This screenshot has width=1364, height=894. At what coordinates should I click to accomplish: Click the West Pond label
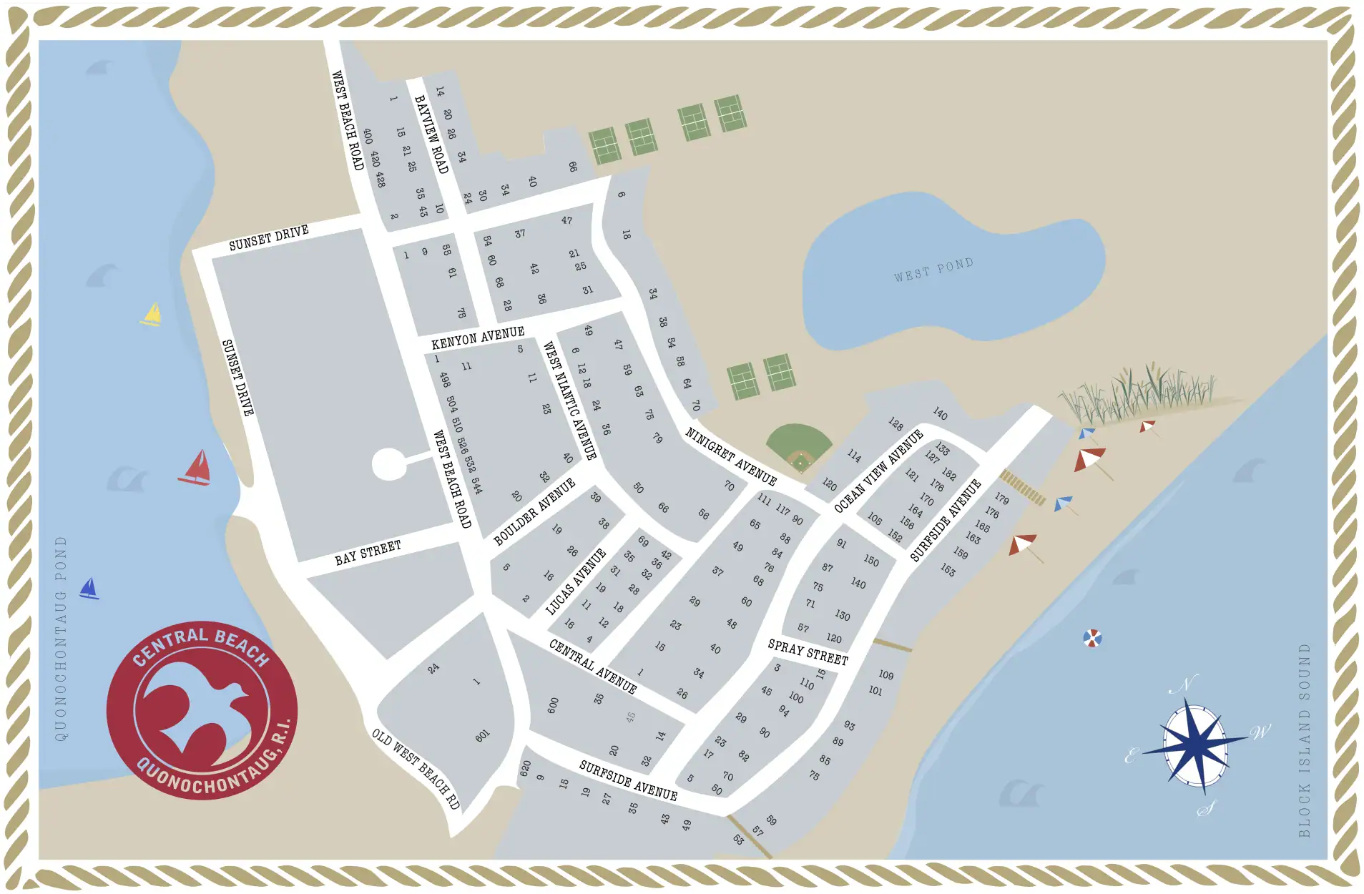[933, 270]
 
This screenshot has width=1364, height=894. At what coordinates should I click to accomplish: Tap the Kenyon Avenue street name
[478, 338]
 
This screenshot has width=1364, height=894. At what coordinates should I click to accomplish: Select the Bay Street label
[368, 553]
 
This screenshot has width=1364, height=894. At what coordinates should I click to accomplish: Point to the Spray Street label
[808, 652]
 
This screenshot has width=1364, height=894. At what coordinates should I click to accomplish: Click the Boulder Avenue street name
[534, 512]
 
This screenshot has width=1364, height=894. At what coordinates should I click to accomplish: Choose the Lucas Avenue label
[576, 581]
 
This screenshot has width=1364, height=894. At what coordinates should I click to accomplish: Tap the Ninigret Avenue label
[731, 456]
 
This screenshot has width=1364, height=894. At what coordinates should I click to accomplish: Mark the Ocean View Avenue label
[878, 471]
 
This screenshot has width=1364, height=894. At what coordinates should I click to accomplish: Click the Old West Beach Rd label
[416, 768]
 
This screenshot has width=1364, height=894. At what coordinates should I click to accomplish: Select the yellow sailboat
[152, 315]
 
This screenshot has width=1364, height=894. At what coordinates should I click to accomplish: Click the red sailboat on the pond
[196, 468]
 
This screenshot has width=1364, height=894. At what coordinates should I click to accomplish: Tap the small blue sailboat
[89, 589]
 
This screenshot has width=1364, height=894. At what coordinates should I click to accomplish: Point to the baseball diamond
[800, 447]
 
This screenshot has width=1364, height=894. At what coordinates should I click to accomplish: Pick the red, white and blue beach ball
[1092, 638]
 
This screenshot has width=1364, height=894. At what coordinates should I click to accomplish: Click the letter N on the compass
[1183, 684]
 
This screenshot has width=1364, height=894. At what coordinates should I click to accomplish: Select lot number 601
[482, 736]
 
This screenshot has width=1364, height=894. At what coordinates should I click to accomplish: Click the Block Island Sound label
[1304, 740]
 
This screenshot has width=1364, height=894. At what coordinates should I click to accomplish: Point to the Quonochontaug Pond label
[61, 638]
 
